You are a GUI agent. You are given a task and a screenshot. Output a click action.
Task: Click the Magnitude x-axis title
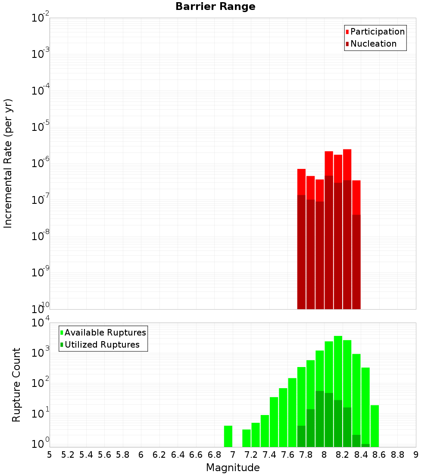[x=233, y=468]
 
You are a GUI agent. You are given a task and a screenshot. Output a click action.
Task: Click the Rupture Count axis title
[x=16, y=385]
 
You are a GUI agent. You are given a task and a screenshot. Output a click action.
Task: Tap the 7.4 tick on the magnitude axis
[x=269, y=454]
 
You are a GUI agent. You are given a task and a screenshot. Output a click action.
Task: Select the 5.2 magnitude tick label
[x=68, y=454]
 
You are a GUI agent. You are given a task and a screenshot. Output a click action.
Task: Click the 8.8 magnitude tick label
[x=397, y=454]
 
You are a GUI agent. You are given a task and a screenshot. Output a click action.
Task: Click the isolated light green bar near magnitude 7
[x=228, y=436]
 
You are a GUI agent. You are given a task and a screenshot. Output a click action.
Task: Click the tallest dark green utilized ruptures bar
[x=320, y=419]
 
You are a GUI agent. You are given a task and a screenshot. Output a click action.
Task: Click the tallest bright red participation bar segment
[x=347, y=165]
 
